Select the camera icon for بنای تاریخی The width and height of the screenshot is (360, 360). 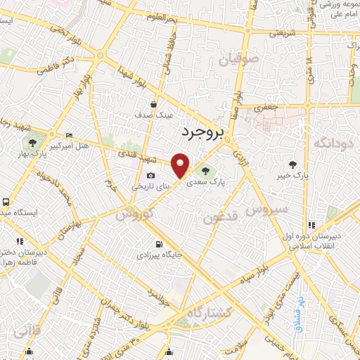coord(150,176)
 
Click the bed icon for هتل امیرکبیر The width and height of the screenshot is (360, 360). coord(68,135)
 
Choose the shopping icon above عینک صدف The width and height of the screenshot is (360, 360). coord(153,104)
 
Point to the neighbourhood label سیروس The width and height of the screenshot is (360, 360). coord(267,210)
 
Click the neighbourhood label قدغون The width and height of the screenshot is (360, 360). coord(222,219)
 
